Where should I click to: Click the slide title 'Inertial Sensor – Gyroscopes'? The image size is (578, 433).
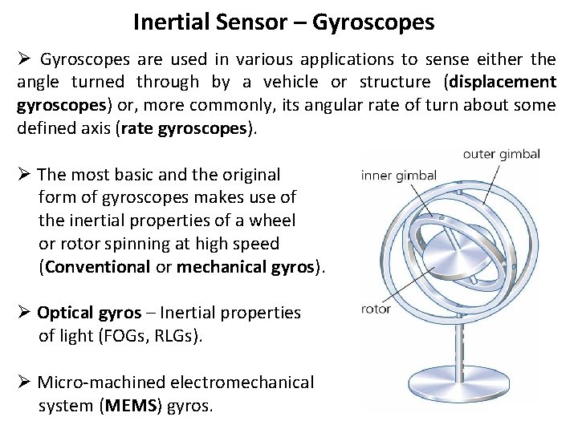[x=283, y=22]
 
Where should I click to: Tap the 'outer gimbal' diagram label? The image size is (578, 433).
[x=501, y=155]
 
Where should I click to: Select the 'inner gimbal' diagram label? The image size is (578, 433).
[x=399, y=176]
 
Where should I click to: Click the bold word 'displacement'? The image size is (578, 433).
[x=503, y=82]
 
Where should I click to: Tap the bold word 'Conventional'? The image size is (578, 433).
[x=98, y=267]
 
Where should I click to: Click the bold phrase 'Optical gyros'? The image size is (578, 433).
[x=88, y=313]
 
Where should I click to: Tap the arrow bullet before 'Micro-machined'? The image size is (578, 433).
[x=25, y=383]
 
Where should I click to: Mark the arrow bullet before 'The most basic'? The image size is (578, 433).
[x=25, y=174]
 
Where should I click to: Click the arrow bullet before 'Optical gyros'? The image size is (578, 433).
[x=25, y=313]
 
